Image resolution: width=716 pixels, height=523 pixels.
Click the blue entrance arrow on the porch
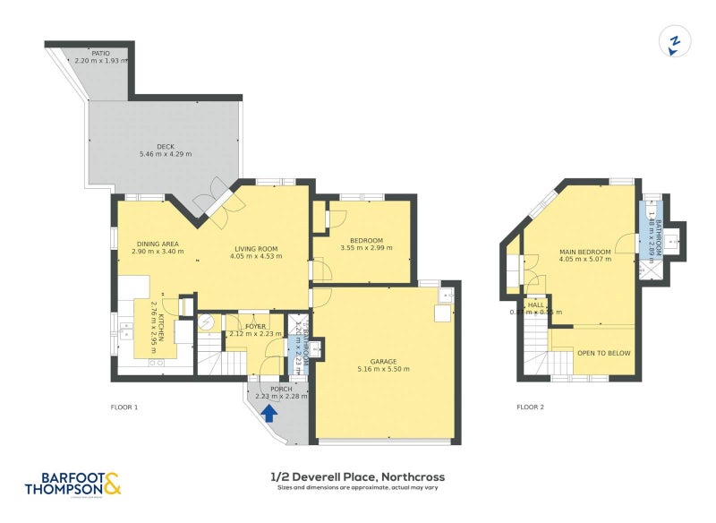[x=270, y=413]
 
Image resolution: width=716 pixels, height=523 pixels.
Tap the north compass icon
[x=677, y=42]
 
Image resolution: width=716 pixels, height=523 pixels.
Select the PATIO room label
[x=100, y=54]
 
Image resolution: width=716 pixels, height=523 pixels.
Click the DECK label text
[x=166, y=147]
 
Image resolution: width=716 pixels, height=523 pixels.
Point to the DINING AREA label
[x=158, y=244]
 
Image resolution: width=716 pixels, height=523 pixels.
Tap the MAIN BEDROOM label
[x=584, y=253]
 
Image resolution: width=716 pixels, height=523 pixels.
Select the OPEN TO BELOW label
[x=603, y=353]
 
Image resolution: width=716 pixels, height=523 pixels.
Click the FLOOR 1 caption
[x=124, y=407]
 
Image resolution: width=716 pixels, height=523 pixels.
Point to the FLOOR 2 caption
[x=530, y=407]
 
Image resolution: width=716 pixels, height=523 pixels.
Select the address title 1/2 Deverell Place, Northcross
[x=358, y=476]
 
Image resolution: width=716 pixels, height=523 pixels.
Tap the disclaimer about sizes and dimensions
[x=358, y=488]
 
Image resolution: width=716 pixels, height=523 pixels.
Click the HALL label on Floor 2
[x=535, y=305]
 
